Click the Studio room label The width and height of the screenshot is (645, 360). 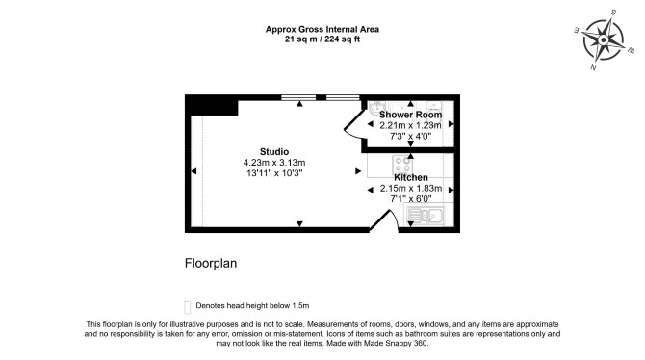click(274, 151)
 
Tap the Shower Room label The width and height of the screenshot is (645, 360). click(410, 115)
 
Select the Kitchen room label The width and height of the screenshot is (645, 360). click(411, 177)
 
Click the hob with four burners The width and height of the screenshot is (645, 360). click(402, 165)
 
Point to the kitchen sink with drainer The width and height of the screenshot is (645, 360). click(425, 216)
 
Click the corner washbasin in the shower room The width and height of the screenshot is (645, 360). click(375, 108)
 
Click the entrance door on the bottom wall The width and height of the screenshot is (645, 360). click(385, 220)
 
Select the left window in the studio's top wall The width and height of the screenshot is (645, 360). click(298, 97)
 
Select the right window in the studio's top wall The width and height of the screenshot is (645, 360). click(343, 97)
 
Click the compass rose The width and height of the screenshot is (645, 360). click(603, 39)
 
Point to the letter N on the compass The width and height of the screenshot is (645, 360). click(593, 67)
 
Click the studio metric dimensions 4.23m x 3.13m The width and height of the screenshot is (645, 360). click(274, 163)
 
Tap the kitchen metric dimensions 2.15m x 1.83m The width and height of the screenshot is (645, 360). click(411, 189)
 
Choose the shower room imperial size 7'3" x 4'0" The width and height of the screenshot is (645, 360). click(410, 136)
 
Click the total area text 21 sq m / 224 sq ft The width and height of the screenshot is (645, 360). click(322, 39)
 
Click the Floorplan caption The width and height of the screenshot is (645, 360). click(211, 264)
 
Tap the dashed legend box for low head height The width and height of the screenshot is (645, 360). click(187, 307)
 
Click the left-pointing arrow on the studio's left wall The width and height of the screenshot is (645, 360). click(193, 171)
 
